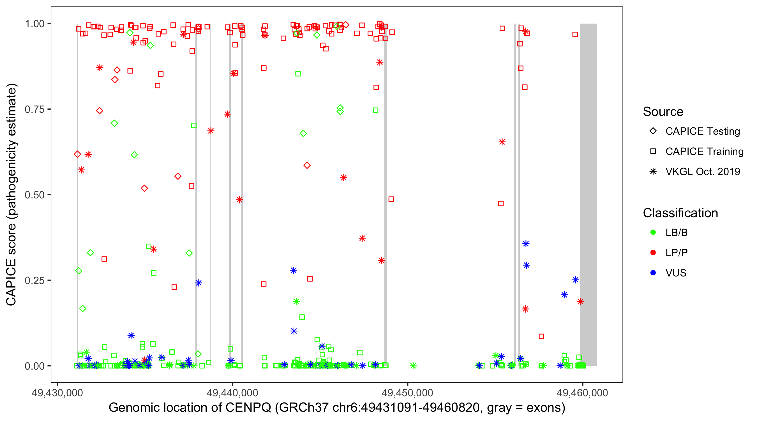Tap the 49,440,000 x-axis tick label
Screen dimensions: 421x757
(232, 393)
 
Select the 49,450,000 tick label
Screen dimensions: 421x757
(407, 393)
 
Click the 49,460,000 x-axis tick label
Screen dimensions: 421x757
(582, 393)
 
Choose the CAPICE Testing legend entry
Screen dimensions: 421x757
(702, 131)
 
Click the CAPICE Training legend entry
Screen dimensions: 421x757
(704, 152)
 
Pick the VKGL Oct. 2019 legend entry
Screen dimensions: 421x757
(702, 172)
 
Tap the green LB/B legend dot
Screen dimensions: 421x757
(653, 232)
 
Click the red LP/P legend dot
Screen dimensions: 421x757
(653, 253)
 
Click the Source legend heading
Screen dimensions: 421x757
(663, 112)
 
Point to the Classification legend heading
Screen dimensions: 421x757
(680, 213)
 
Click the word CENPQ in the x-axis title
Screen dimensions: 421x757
(248, 408)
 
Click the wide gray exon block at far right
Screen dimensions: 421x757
(588, 194)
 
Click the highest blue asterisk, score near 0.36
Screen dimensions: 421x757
(526, 244)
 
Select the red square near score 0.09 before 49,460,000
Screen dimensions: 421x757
(541, 336)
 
